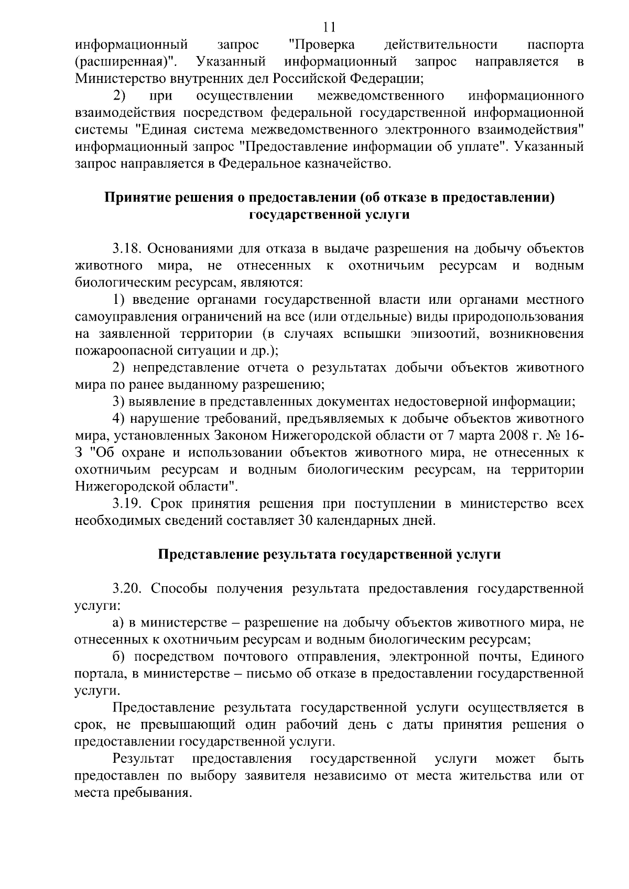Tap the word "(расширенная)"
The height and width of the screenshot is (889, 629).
(x=126, y=62)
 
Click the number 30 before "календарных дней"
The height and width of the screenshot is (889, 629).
(x=306, y=521)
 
